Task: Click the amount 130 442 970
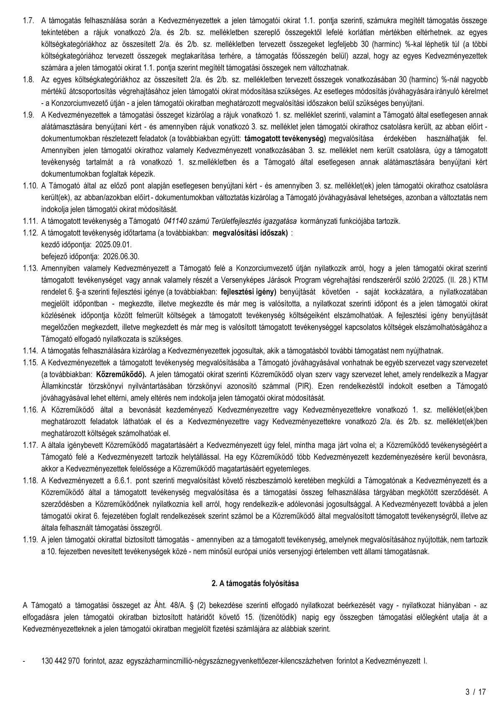(61, 661)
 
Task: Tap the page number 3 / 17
(476, 692)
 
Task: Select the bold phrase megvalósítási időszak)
(250, 233)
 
